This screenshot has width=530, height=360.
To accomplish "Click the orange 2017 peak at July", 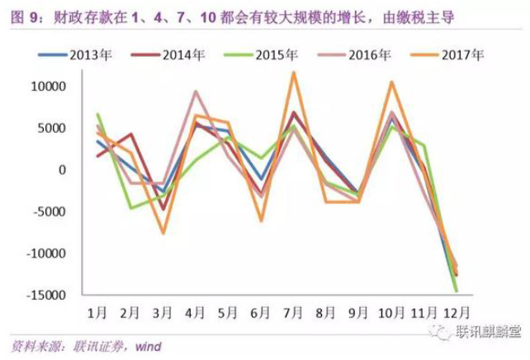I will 293,73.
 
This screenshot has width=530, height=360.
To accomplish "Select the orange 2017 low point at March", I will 163,234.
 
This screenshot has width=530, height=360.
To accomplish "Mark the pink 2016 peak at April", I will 196,92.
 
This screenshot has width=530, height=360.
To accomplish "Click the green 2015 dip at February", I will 131,207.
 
